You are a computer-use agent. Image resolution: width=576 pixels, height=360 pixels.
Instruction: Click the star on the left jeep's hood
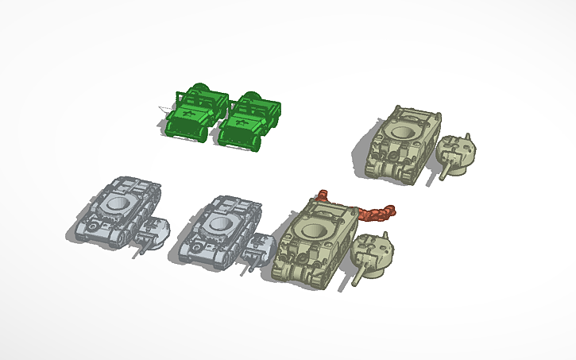[x=189, y=115]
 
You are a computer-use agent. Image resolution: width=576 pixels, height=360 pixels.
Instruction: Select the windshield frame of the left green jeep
[x=196, y=101]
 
